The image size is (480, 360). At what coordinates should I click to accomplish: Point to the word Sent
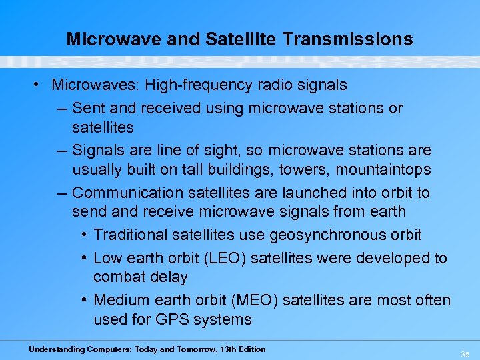pos(87,108)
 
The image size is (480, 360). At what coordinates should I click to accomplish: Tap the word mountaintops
pos(383,169)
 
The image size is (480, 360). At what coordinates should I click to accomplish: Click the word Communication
pos(128,193)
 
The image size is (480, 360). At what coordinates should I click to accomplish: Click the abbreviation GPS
pos(173,319)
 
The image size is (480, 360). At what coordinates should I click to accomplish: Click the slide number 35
pos(465,354)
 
